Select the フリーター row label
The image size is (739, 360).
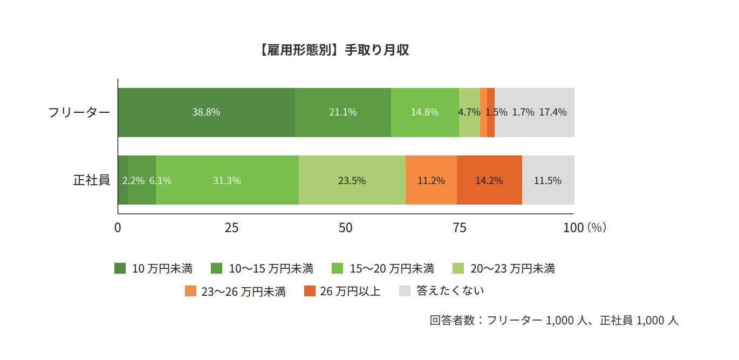pyautogui.click(x=79, y=112)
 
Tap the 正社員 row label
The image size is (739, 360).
pyautogui.click(x=91, y=180)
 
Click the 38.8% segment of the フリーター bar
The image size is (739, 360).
pyautogui.click(x=206, y=112)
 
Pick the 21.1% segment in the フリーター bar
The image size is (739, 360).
pyautogui.click(x=343, y=112)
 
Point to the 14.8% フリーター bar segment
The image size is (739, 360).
pyautogui.click(x=425, y=112)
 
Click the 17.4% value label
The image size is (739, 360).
pyautogui.click(x=553, y=112)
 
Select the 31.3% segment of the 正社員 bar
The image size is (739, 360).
pyautogui.click(x=227, y=180)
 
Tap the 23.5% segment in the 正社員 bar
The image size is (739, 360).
pyautogui.click(x=352, y=180)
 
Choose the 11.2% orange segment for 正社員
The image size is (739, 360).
pyautogui.click(x=431, y=180)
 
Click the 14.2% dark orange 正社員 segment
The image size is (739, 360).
pyautogui.click(x=489, y=180)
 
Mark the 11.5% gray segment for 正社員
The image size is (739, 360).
pyautogui.click(x=548, y=180)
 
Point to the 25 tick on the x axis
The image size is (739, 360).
pyautogui.click(x=231, y=227)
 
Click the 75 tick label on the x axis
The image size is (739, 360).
pyautogui.click(x=459, y=227)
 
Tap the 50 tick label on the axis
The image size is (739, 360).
pyautogui.click(x=345, y=227)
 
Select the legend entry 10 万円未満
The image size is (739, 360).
pyautogui.click(x=154, y=268)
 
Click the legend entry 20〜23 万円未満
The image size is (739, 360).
pyautogui.click(x=504, y=268)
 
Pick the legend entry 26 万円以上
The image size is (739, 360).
pyautogui.click(x=342, y=291)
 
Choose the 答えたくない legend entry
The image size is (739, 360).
pyautogui.click(x=442, y=291)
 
